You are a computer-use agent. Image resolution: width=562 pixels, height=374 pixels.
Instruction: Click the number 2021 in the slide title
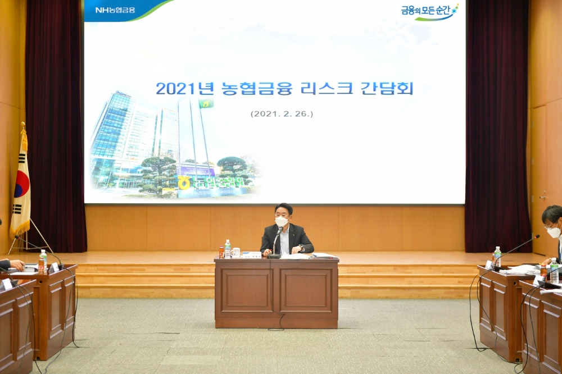pos(175,88)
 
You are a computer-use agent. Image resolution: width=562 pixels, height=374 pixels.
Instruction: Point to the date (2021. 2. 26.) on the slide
pos(282,113)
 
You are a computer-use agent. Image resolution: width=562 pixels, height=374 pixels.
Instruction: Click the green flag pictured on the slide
pos(206,104)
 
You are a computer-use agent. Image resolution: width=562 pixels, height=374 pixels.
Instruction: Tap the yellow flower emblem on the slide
pos(184,183)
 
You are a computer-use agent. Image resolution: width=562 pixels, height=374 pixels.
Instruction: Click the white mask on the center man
pos(282,222)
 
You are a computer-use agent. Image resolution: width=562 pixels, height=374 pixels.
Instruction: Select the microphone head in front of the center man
pos(279,230)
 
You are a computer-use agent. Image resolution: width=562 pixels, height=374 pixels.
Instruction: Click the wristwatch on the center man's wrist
pos(301,249)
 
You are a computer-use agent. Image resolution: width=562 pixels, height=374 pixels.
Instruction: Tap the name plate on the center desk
pos(251,255)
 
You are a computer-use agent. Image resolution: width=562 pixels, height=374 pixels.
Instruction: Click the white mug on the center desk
pos(236,253)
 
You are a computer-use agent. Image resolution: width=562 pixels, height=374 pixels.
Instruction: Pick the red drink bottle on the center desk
pos(221,252)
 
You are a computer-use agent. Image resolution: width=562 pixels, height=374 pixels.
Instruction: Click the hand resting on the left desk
pos(17,264)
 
